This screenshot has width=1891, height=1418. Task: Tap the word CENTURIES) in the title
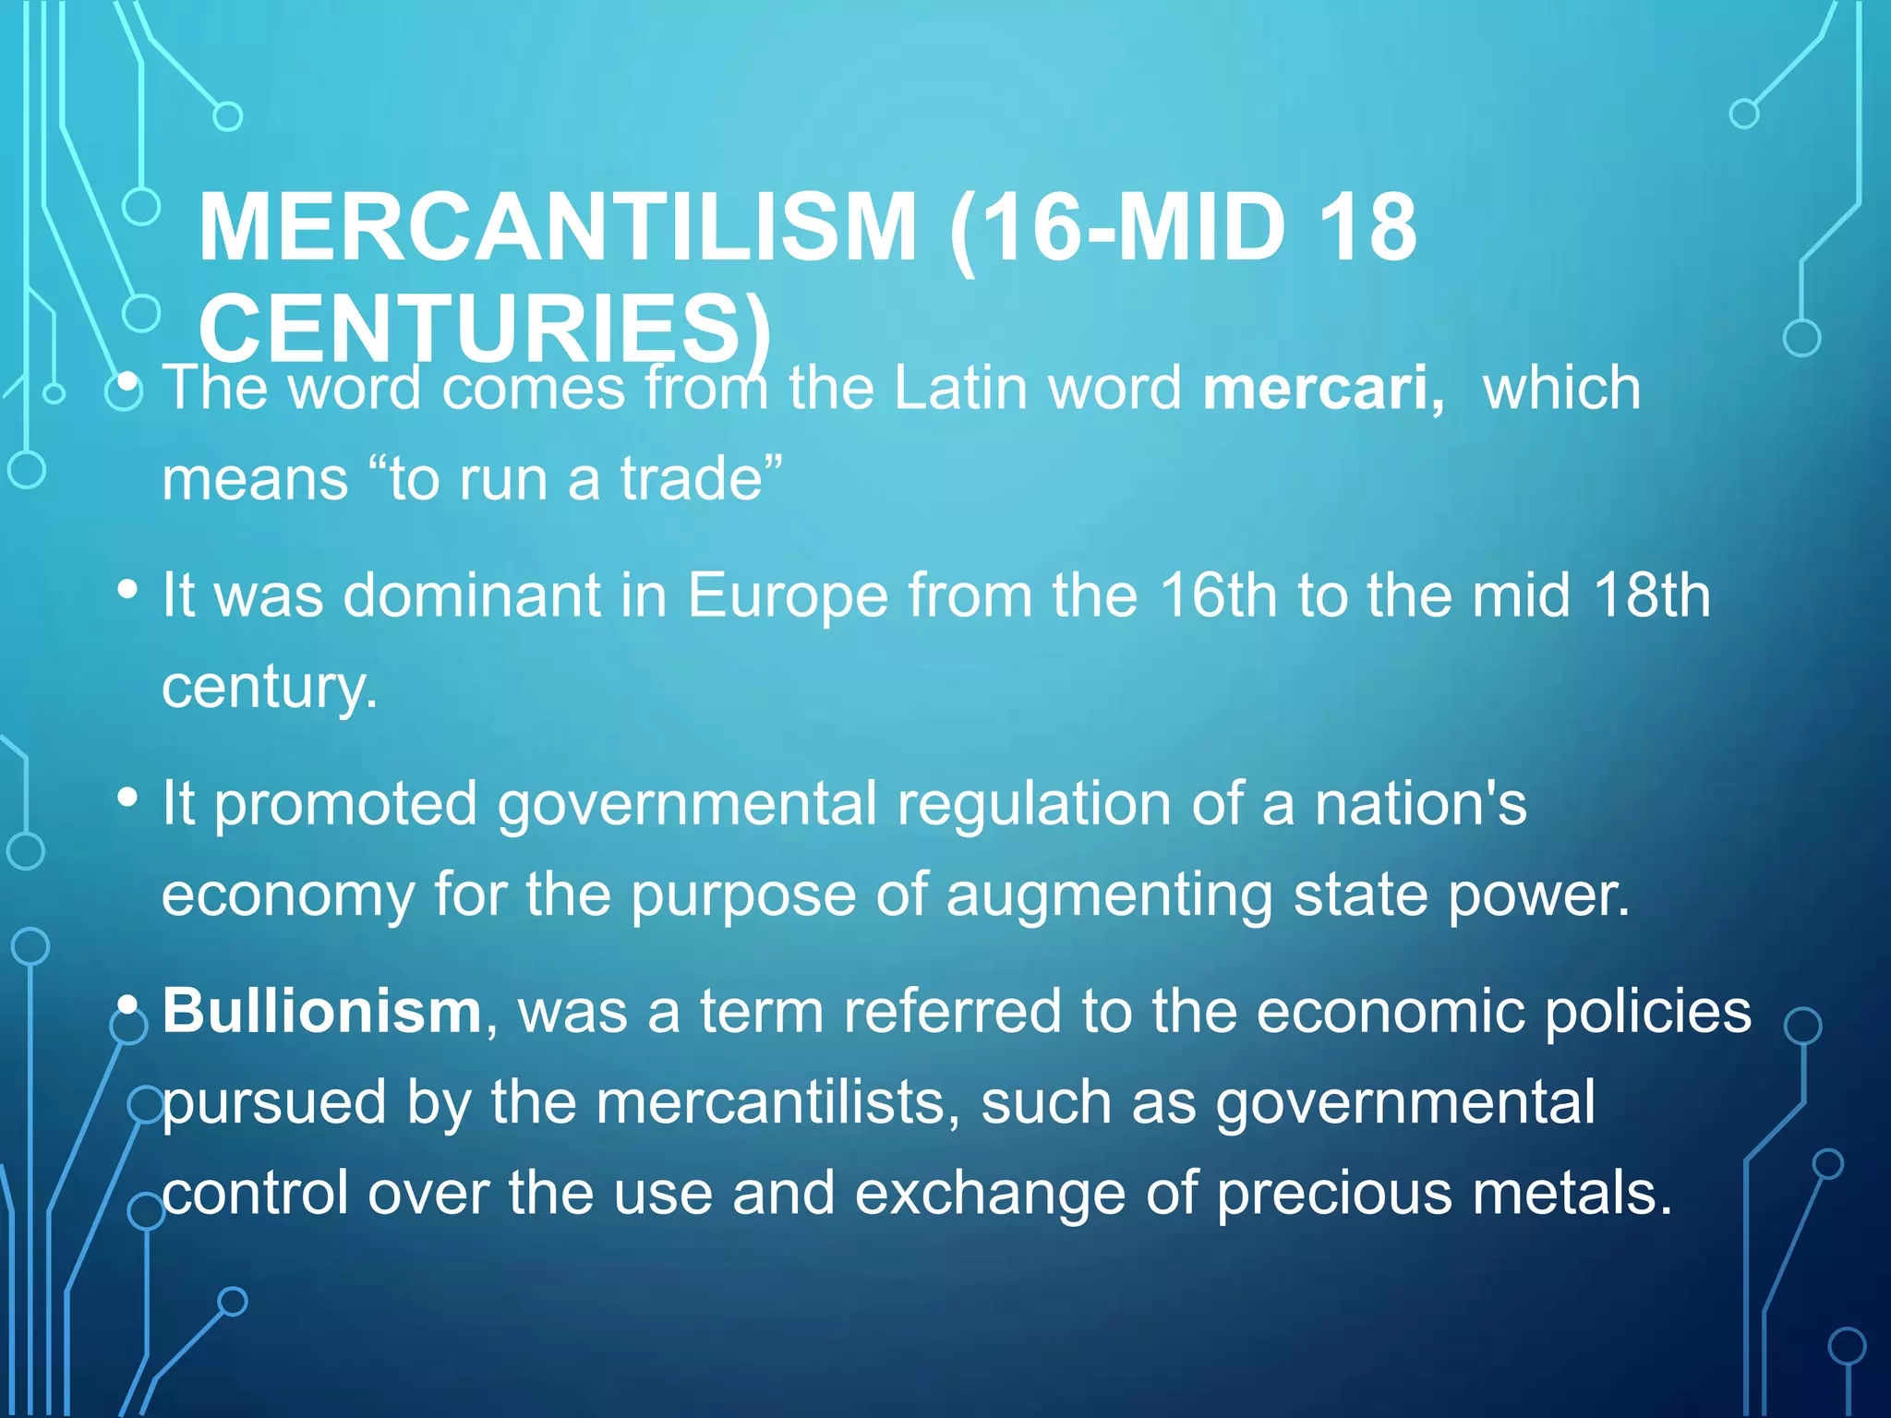pyautogui.click(x=485, y=329)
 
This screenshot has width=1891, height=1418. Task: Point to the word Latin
pyautogui.click(x=959, y=388)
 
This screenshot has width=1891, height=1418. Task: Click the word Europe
pyautogui.click(x=788, y=595)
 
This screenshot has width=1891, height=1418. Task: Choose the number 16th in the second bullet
pyautogui.click(x=1218, y=595)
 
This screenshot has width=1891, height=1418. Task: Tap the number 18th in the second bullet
pyautogui.click(x=1652, y=595)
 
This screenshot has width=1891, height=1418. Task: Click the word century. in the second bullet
pyautogui.click(x=270, y=688)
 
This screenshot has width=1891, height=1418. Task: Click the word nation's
pyautogui.click(x=1421, y=803)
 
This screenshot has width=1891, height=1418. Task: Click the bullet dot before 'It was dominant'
pyautogui.click(x=128, y=589)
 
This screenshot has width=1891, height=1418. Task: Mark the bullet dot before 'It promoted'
pyautogui.click(x=128, y=796)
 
